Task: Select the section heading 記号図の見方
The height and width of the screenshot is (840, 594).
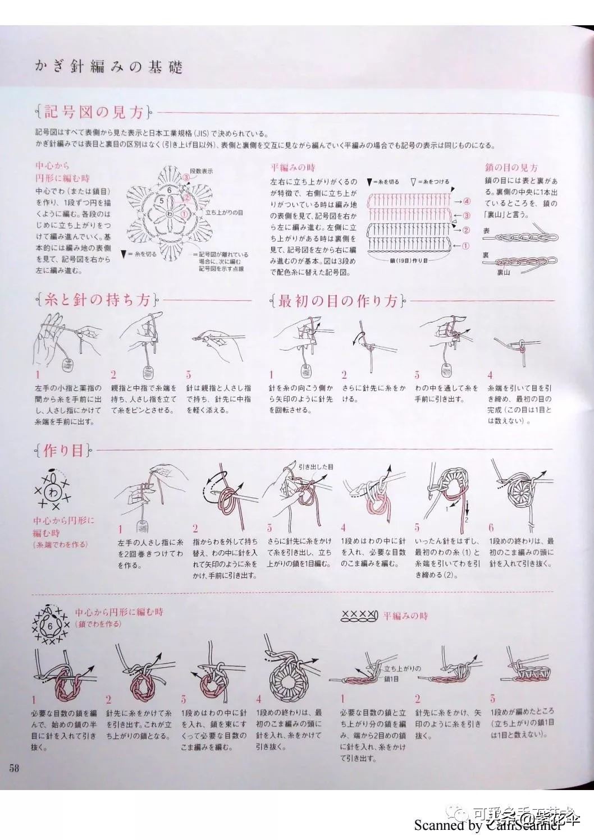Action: coord(94,112)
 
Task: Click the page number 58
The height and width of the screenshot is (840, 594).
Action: coord(13,768)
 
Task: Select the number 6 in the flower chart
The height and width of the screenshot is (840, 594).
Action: coord(169,190)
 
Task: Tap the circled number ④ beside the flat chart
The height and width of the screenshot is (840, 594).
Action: coord(467,201)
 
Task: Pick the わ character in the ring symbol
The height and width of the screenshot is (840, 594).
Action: coord(53,493)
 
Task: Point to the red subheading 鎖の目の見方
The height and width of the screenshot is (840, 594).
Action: coord(511,168)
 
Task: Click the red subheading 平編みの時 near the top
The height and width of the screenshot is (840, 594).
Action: coord(293,168)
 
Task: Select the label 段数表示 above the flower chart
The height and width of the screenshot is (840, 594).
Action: coord(201,171)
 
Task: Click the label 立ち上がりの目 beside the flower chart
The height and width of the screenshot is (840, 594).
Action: coord(224,213)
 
